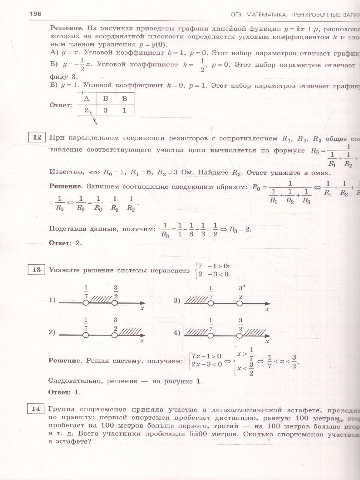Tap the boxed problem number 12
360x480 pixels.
[37, 138]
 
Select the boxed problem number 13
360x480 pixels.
[37, 270]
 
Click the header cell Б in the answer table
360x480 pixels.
[105, 98]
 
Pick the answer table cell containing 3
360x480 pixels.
[105, 110]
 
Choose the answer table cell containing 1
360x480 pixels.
[124, 110]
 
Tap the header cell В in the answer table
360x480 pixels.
[124, 98]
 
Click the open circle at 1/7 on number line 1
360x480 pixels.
[86, 304]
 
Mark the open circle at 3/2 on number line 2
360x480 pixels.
[115, 332]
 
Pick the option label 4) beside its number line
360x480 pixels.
[178, 332]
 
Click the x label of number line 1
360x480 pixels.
[142, 309]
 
